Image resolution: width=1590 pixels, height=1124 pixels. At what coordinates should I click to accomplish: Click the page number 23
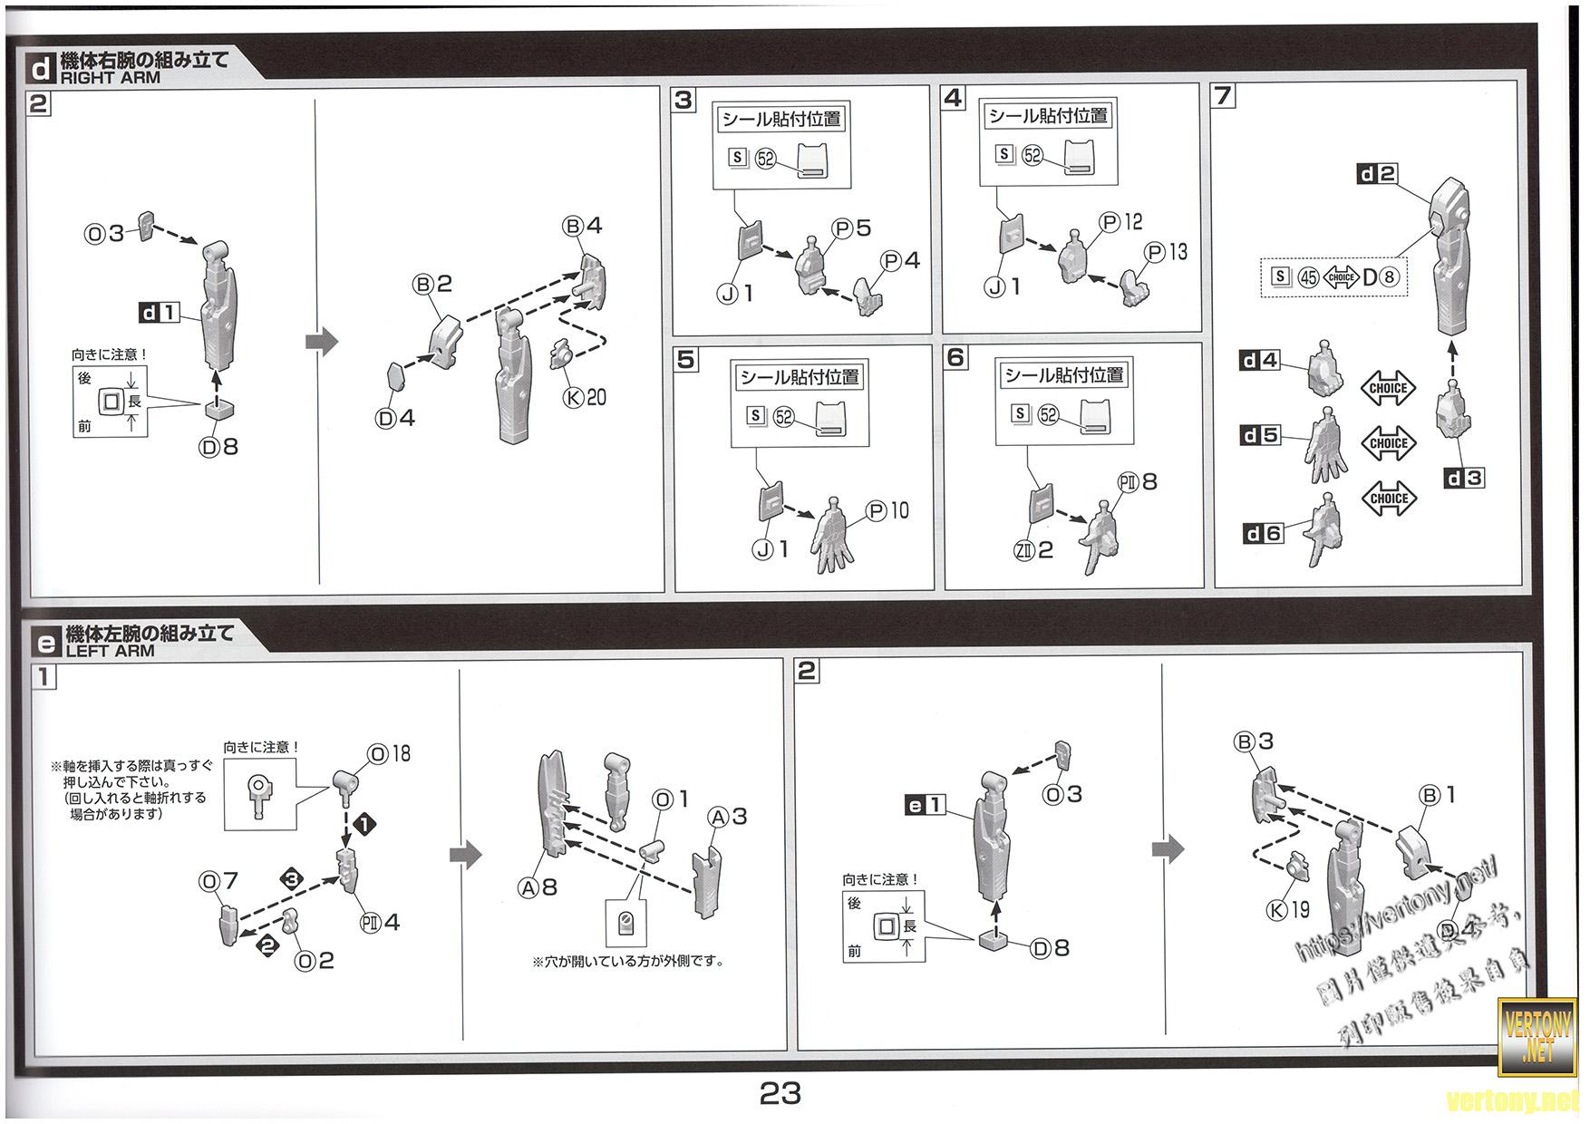[x=780, y=1094]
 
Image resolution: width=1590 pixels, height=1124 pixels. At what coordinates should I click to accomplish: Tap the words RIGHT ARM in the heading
[x=110, y=78]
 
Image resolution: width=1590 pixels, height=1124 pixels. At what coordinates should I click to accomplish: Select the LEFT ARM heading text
[x=110, y=651]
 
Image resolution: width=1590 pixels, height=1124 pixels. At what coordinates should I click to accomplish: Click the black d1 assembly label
[x=159, y=314]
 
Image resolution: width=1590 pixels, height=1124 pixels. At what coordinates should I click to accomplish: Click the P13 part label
[x=1166, y=252]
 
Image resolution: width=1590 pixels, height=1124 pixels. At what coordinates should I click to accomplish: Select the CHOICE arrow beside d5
[x=1388, y=443]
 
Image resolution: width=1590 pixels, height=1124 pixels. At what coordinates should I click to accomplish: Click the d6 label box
[x=1263, y=534]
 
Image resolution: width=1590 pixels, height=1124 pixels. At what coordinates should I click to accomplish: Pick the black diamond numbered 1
[x=364, y=825]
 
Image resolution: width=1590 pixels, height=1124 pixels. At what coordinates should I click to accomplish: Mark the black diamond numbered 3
[x=293, y=878]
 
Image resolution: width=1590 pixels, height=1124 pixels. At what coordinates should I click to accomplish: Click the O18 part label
[x=389, y=754]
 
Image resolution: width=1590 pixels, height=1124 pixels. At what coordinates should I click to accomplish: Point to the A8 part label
[x=538, y=888]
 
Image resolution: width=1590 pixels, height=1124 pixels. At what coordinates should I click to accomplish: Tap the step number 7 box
[x=1224, y=96]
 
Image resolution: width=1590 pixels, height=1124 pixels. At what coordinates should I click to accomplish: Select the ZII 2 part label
[x=1033, y=550]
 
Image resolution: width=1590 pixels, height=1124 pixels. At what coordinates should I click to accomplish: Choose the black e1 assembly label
[x=926, y=804]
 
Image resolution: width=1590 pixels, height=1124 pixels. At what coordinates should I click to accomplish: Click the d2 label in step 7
[x=1377, y=174]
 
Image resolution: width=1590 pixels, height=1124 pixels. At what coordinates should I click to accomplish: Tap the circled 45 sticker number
[x=1307, y=277]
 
